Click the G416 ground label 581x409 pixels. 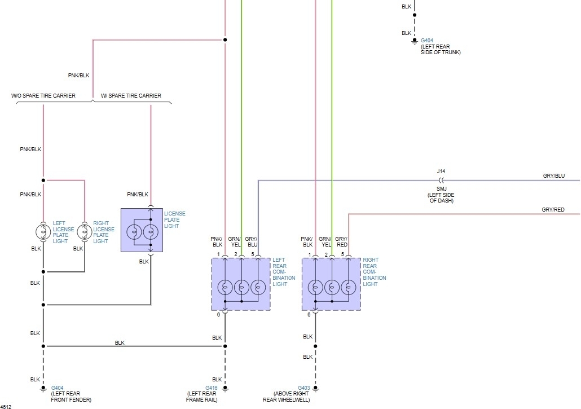(x=212, y=388)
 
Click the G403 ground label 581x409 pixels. (x=303, y=388)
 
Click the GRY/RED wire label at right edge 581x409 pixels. (x=553, y=210)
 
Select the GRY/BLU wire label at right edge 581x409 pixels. (x=553, y=176)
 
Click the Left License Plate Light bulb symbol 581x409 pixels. (x=43, y=231)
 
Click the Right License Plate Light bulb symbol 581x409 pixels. (x=83, y=231)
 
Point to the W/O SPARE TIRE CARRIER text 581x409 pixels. (x=43, y=96)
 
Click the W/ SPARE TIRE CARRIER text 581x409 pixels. (x=130, y=96)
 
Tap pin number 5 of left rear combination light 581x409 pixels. (x=253, y=254)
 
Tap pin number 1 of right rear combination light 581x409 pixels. (x=309, y=254)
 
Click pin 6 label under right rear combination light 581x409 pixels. (x=309, y=314)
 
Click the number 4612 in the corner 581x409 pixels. (x=6, y=406)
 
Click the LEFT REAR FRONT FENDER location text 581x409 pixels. (x=66, y=397)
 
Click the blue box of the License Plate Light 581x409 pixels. (x=142, y=230)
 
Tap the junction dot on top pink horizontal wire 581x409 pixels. (x=225, y=40)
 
